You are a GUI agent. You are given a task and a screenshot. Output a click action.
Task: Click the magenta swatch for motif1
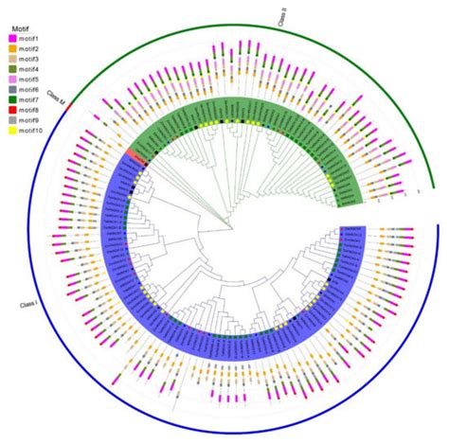(11, 38)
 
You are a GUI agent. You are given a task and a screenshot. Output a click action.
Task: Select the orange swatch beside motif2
(11, 48)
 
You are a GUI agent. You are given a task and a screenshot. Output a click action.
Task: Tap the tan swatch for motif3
(11, 59)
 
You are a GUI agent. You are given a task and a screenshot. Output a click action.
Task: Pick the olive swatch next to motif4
(11, 68)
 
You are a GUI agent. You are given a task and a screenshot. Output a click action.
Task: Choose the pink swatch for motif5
(11, 79)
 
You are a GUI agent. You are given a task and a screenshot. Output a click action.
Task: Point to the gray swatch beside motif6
(11, 89)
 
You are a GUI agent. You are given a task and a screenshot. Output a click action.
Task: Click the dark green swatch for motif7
(11, 99)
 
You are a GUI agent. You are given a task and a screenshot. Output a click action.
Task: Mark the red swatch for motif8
(11, 110)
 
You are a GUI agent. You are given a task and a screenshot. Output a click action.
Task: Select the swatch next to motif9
(11, 120)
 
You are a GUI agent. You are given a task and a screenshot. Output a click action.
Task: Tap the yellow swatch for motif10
(11, 131)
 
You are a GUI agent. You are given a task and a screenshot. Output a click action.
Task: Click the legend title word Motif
(15, 27)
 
